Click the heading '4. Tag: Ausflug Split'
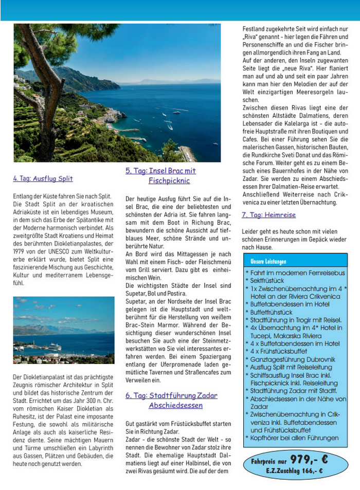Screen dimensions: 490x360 [x=43, y=179]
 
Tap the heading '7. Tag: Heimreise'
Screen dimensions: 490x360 [x=268, y=215]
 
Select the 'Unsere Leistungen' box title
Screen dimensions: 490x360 [x=268, y=261]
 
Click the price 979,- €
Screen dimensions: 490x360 [x=309, y=459]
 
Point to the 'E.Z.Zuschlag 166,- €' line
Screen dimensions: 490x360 [x=294, y=470]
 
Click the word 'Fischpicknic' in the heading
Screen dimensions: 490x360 [x=169, y=181]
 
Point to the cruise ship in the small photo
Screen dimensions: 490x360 [x=55, y=347]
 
